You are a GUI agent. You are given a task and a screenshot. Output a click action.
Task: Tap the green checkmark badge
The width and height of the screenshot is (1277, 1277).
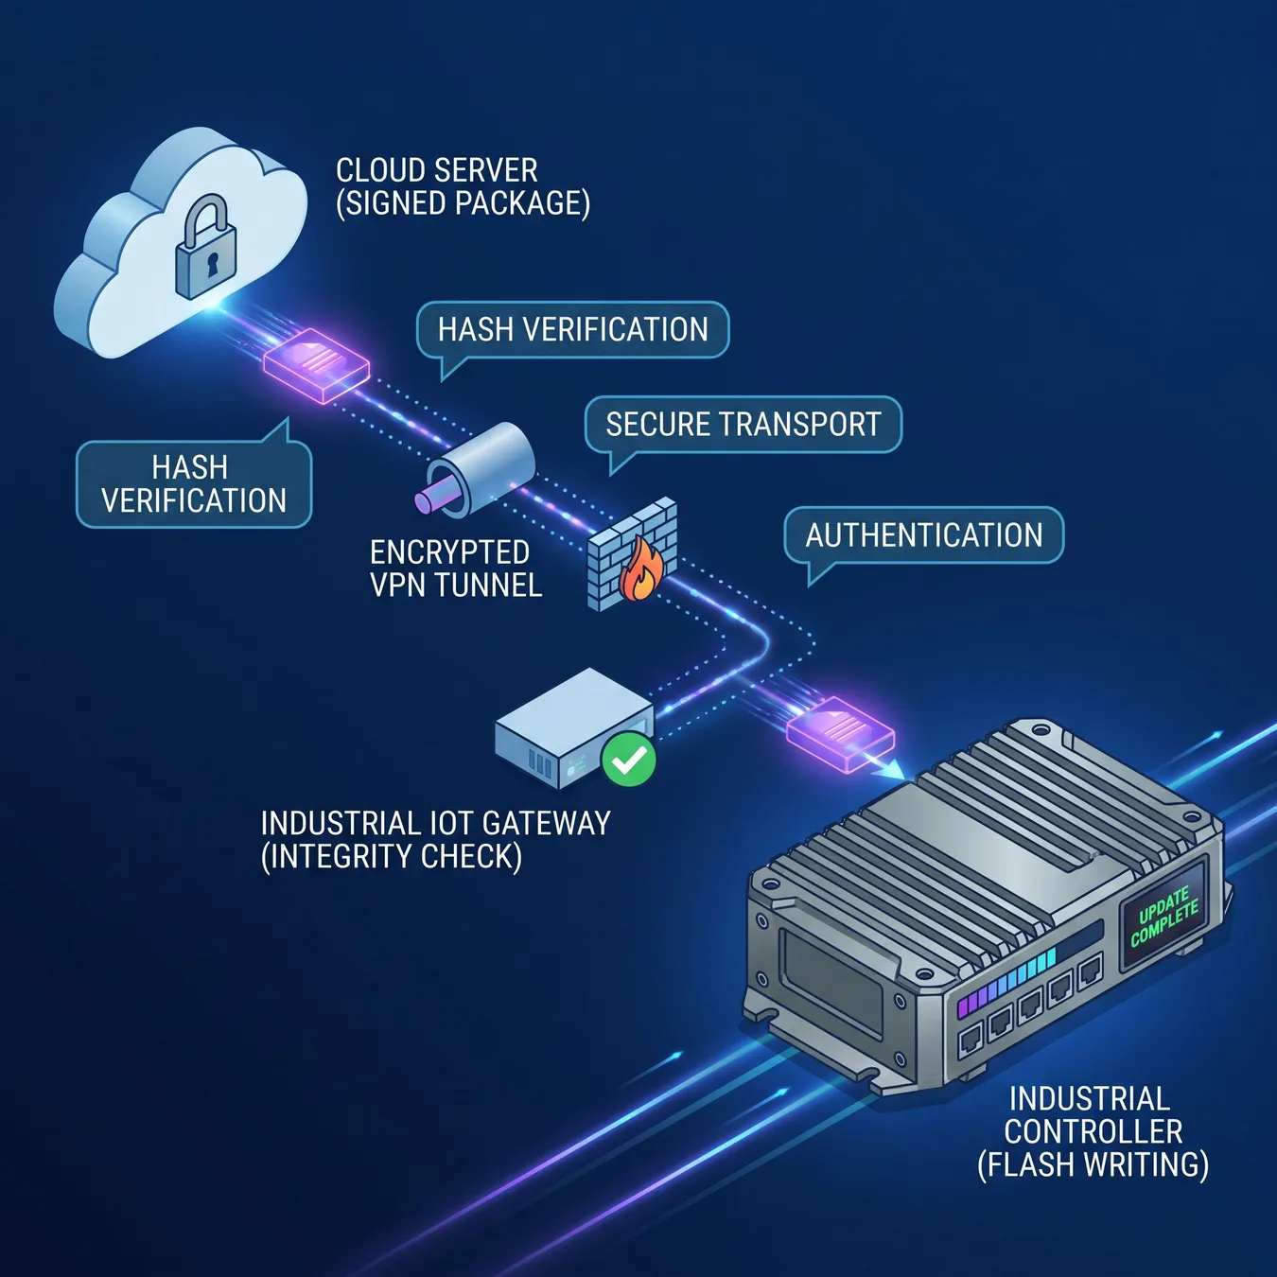(629, 760)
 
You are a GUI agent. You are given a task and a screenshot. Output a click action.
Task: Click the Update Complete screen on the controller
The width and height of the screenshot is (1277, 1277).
(1164, 918)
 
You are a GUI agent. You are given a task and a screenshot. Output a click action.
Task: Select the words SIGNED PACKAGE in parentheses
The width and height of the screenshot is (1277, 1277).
(464, 202)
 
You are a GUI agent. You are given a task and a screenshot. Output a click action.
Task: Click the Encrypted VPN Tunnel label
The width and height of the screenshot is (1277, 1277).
(456, 569)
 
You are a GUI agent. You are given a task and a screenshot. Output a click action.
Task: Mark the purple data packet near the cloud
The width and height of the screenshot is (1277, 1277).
(317, 366)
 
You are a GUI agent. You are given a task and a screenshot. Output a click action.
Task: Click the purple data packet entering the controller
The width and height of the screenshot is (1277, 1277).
(840, 734)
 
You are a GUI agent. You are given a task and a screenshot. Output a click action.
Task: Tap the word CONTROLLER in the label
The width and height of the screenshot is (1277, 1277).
(1093, 1132)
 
